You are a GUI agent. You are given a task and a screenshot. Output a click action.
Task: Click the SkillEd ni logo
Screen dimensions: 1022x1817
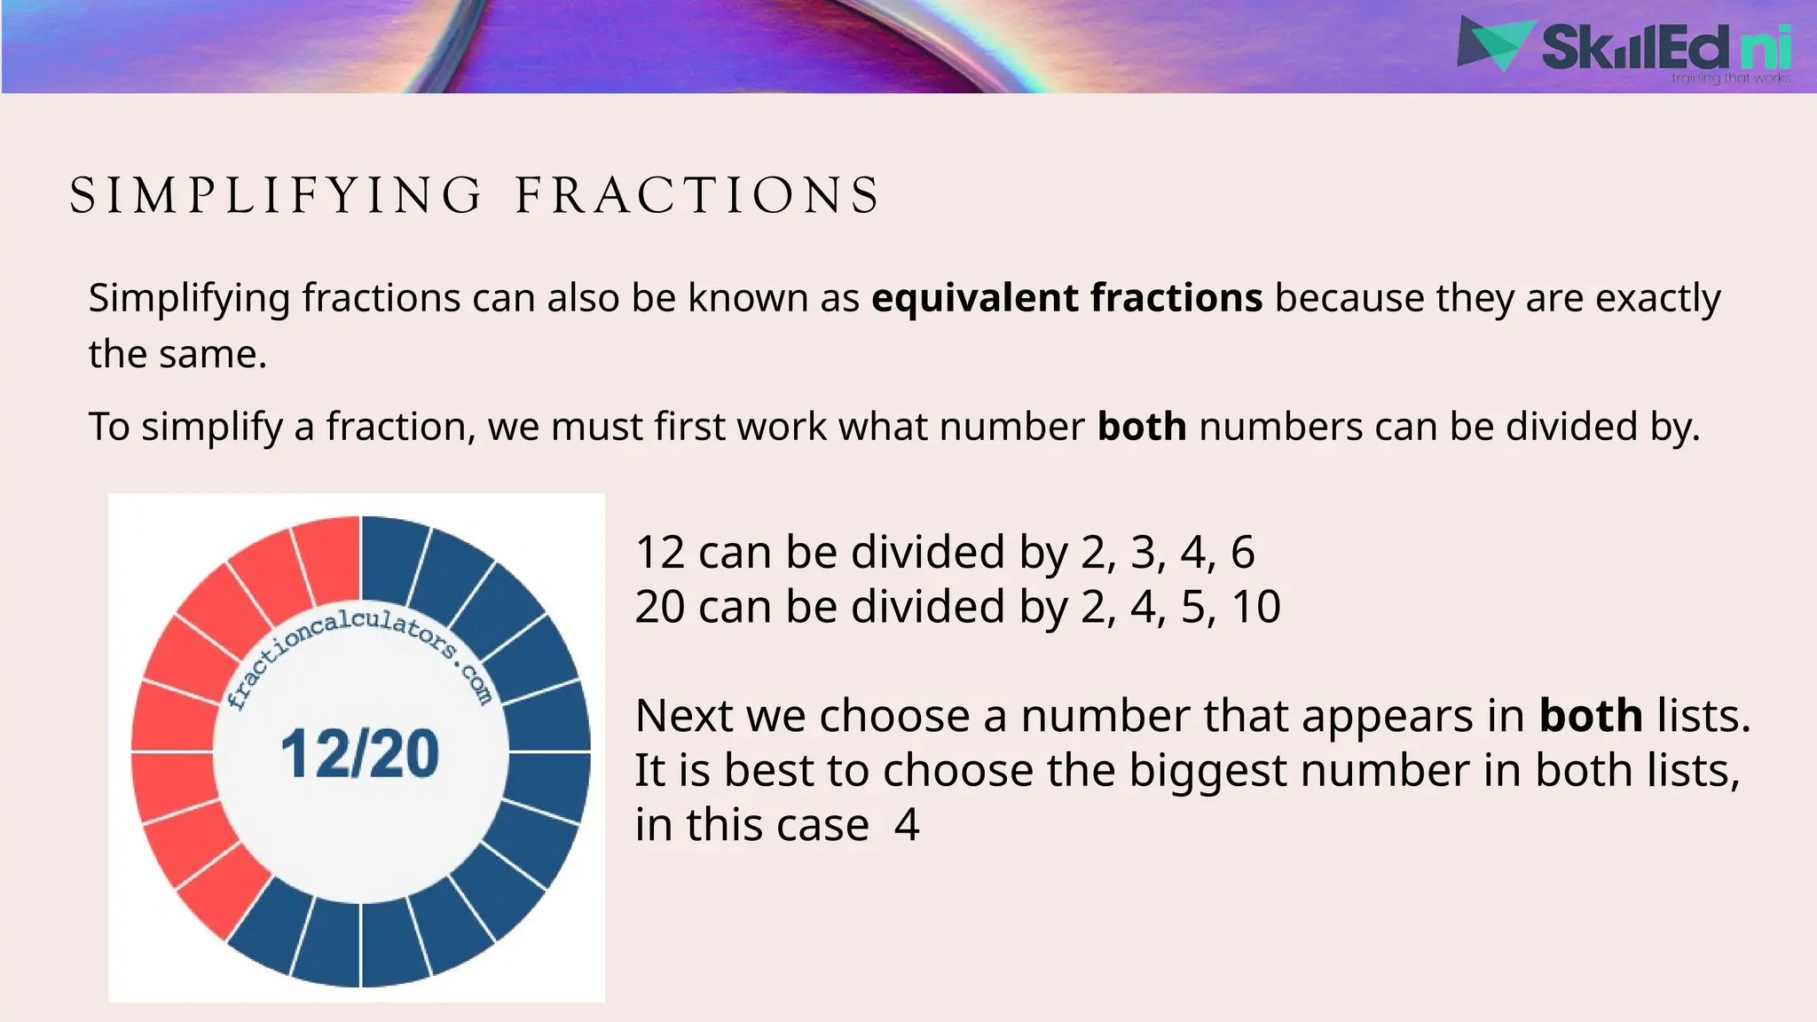1624,46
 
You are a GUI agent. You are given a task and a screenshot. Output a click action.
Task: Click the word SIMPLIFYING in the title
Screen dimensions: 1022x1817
276,196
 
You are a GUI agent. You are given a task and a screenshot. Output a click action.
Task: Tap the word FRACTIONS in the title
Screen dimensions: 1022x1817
697,196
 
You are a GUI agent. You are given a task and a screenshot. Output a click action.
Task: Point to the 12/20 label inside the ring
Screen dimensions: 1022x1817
360,754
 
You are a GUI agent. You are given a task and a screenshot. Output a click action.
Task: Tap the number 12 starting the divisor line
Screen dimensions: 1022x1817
660,553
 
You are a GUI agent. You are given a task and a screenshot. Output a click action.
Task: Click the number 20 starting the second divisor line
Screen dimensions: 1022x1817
660,608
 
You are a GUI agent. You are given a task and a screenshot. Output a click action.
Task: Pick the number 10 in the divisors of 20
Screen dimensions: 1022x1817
1256,608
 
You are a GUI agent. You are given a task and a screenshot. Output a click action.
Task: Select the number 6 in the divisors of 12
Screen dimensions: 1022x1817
1242,553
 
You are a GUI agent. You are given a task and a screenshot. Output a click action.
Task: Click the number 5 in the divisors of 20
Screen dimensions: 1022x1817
1193,608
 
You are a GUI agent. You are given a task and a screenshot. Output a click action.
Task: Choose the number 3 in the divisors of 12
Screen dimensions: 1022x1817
1143,553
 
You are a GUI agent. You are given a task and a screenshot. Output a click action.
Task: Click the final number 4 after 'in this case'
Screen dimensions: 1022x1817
907,825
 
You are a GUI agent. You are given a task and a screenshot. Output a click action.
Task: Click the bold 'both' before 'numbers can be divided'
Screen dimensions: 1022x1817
1142,428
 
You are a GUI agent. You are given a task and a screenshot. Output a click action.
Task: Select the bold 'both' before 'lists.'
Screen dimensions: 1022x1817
1591,716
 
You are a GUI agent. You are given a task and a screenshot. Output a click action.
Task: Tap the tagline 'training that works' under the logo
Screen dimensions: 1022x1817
1730,79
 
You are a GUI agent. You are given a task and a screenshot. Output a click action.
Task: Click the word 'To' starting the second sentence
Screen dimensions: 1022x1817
109,428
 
